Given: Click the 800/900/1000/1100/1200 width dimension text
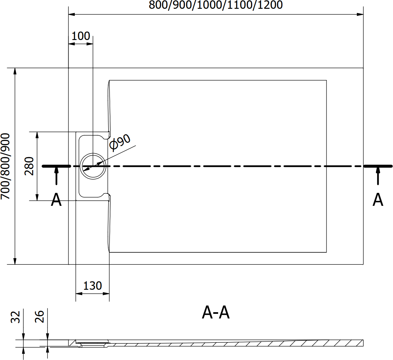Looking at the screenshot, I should [x=216, y=5].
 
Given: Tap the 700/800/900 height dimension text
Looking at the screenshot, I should [x=6, y=166].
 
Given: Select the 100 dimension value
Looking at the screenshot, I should [x=81, y=36].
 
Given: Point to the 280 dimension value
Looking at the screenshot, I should [x=29, y=166].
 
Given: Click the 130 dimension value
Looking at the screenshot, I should [x=93, y=286].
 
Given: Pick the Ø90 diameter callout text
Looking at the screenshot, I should [x=120, y=142].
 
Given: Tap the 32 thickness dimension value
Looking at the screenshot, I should [x=16, y=317].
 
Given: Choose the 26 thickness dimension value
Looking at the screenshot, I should [x=39, y=317].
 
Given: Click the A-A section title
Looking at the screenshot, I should [x=216, y=313].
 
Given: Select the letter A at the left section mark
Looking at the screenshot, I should [x=56, y=200].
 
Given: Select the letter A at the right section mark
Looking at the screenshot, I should [x=378, y=200].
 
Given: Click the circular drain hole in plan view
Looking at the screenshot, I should [x=93, y=166].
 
